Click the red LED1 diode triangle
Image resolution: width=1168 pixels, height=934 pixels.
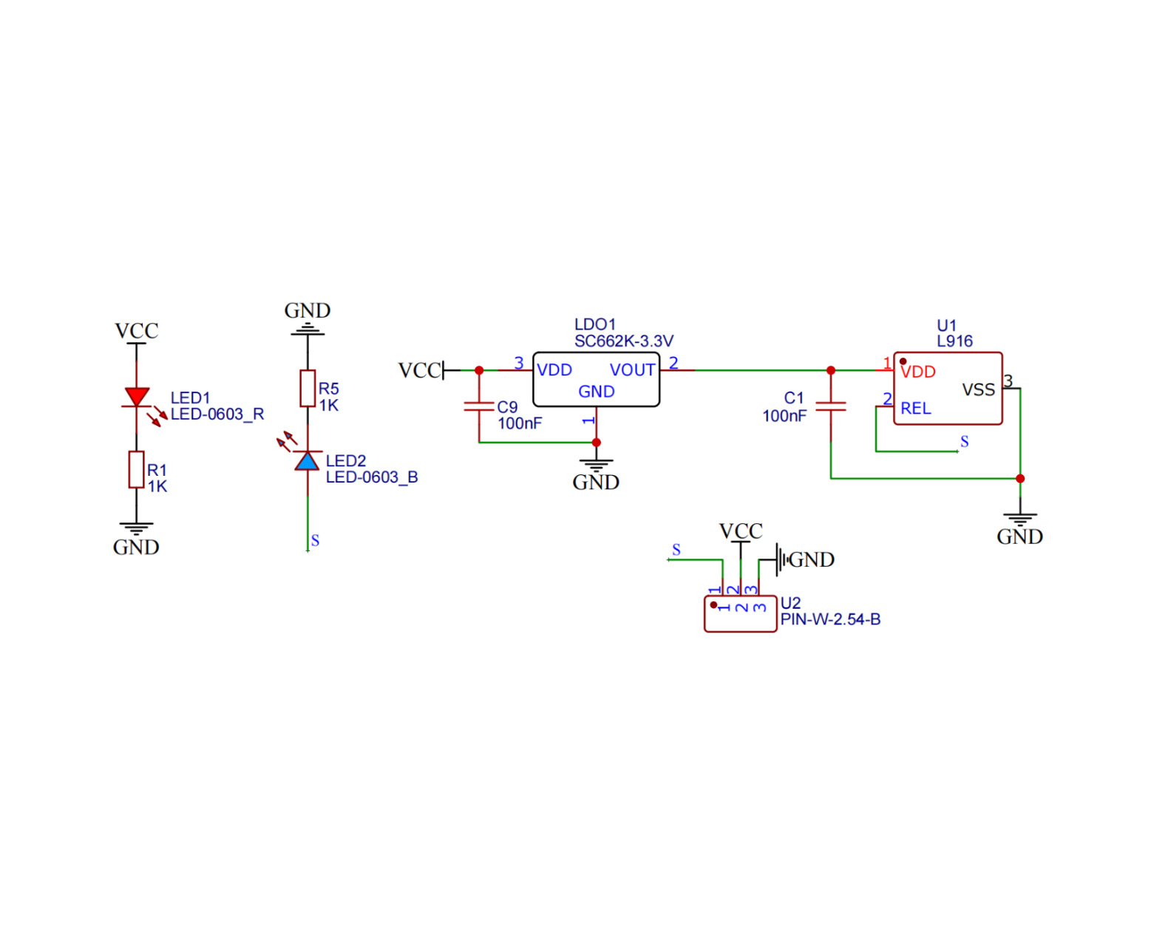(137, 397)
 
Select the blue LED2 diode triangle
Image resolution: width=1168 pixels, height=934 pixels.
(308, 462)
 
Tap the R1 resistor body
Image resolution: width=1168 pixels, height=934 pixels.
(136, 469)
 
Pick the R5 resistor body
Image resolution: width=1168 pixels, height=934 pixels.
(308, 388)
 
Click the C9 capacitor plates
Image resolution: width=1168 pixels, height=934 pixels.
(479, 406)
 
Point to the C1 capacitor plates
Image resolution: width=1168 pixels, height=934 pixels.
(831, 406)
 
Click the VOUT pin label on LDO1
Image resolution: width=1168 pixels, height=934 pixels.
(632, 370)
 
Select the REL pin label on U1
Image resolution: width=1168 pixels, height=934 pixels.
(915, 409)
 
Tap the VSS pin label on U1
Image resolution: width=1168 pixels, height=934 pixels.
(978, 390)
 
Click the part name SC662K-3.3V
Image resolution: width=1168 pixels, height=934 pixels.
(623, 341)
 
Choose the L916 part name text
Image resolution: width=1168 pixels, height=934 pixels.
(954, 341)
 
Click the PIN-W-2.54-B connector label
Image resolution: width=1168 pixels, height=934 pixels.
(830, 620)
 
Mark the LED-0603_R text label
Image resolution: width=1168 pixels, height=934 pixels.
(217, 415)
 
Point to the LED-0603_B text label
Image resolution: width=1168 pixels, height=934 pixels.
(372, 477)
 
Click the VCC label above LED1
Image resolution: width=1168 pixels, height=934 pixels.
(137, 331)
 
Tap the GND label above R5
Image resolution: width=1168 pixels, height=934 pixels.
(308, 311)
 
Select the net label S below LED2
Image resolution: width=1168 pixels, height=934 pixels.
(315, 541)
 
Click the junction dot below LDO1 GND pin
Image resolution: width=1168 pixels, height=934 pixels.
(597, 443)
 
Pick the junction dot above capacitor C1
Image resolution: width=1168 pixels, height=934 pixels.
(831, 370)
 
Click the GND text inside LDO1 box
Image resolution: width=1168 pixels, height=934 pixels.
(596, 392)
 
